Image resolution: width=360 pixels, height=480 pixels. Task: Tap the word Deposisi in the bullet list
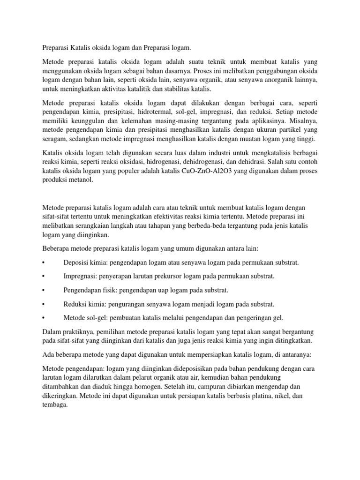tap(77, 262)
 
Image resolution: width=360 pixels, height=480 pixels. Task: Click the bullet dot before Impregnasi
tap(43, 277)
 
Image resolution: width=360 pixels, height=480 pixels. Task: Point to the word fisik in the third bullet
tap(112, 291)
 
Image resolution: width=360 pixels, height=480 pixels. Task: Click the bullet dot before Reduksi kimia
tap(43, 304)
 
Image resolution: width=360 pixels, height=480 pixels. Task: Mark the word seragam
tap(55, 140)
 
